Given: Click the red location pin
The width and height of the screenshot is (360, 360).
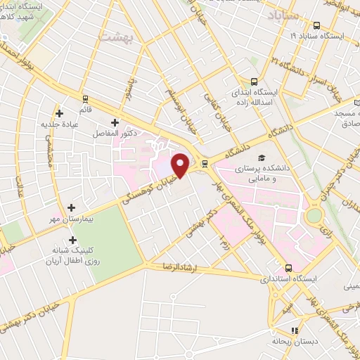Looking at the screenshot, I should point(181,165).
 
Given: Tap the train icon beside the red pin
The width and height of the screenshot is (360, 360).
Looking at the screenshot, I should point(205,164).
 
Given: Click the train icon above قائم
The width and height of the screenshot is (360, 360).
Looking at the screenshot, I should point(85,99).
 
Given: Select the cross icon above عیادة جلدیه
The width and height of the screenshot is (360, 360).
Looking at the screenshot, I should point(59,113).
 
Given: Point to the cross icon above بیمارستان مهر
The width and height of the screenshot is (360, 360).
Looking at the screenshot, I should point(72,207).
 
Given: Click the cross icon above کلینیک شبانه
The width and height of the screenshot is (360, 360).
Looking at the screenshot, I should point(72,240).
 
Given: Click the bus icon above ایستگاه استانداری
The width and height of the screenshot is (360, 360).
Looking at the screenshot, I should point(288,268).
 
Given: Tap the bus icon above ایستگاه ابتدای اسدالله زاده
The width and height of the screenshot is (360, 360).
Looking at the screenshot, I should point(255,82).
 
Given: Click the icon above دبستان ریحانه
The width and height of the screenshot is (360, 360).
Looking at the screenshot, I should point(295,330).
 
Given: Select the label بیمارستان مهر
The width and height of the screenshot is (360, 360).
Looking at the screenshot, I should point(70,220).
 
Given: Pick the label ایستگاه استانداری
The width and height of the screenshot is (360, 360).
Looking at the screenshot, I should point(288,279).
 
